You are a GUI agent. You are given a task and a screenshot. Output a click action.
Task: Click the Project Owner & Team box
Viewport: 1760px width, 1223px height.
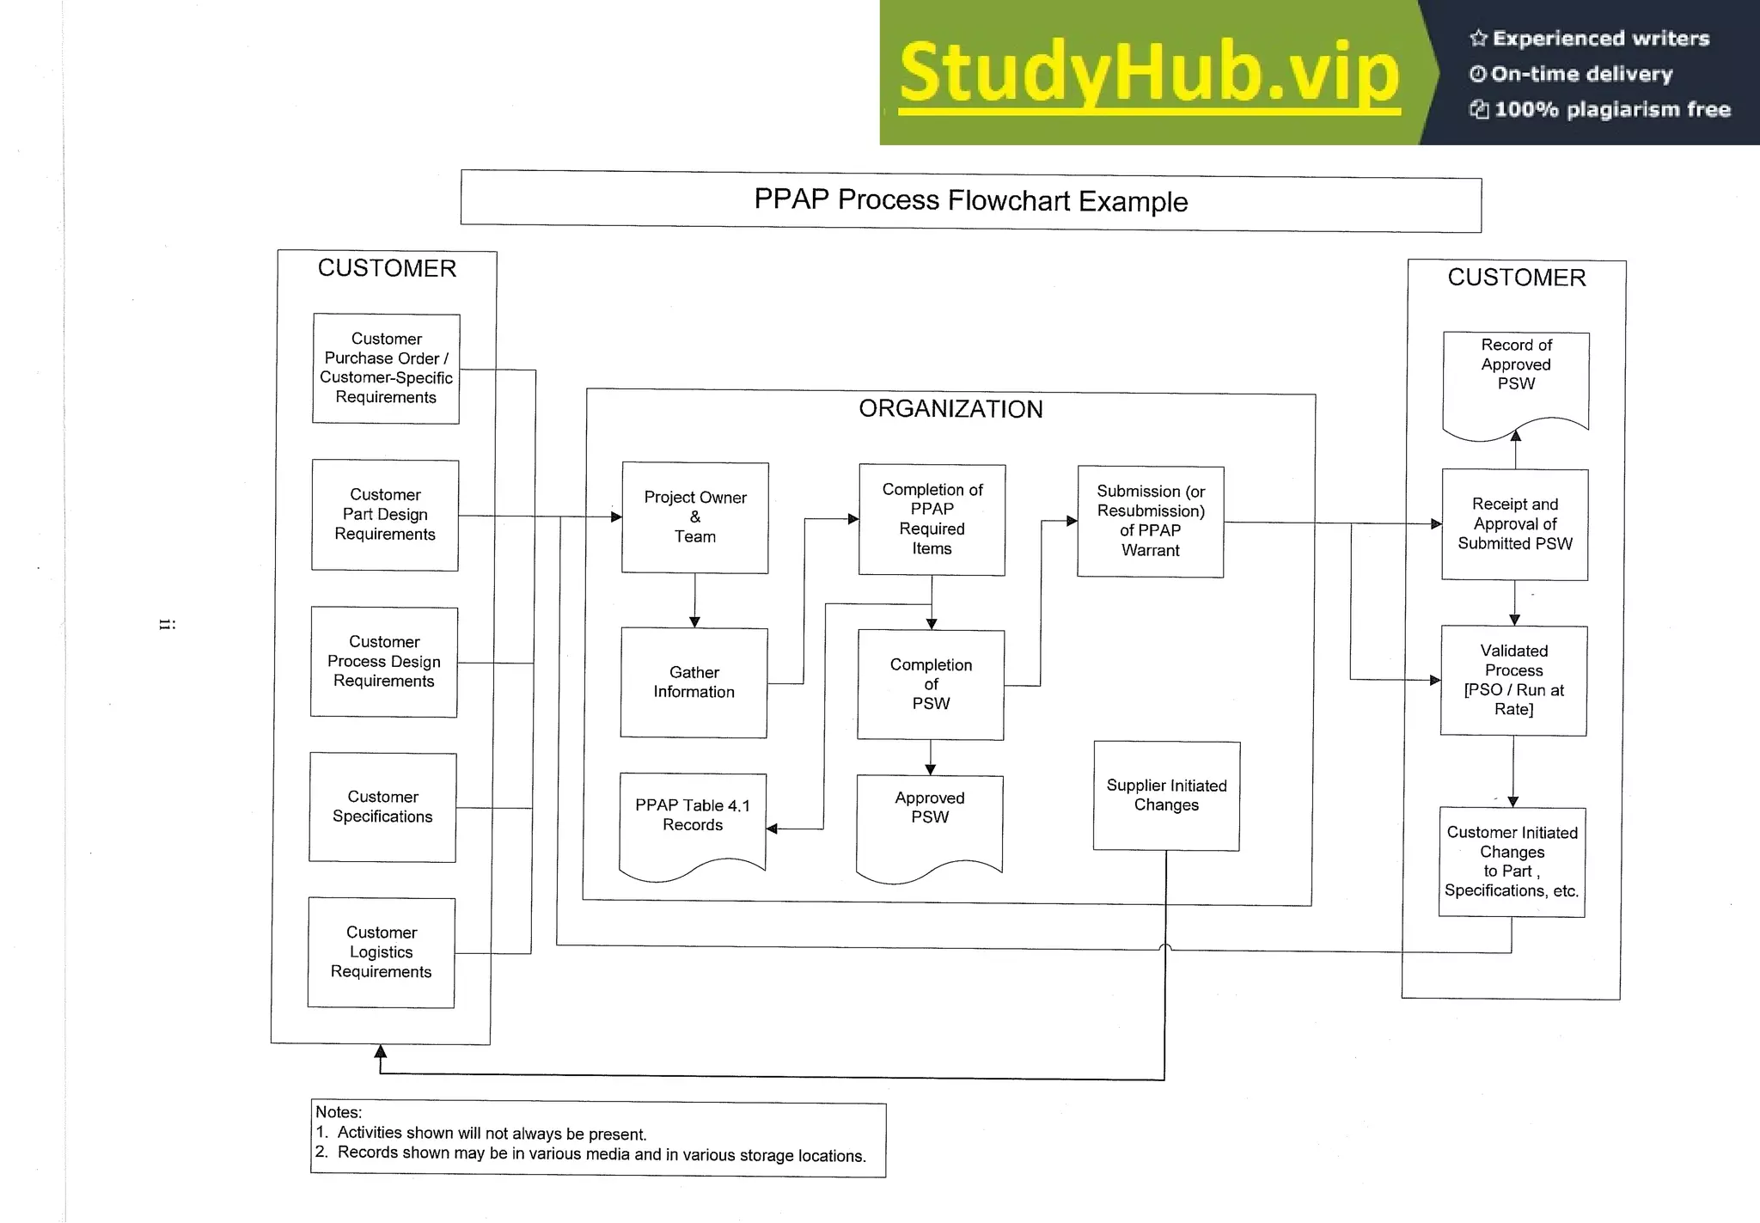[x=694, y=517]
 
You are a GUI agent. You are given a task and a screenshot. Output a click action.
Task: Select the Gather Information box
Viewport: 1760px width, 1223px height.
[x=694, y=682]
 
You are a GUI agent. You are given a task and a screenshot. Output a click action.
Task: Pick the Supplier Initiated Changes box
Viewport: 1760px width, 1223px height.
[x=1166, y=796]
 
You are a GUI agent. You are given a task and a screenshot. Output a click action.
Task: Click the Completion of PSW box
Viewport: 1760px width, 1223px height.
[x=931, y=685]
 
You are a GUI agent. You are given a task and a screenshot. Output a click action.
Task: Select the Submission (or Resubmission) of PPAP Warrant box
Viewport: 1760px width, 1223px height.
[x=1151, y=522]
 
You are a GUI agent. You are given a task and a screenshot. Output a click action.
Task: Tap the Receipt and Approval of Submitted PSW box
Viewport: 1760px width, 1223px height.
[x=1514, y=524]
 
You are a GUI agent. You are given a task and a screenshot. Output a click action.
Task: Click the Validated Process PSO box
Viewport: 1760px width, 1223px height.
[x=1513, y=681]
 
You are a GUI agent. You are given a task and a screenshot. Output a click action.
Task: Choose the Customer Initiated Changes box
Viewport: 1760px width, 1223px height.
[x=1512, y=862]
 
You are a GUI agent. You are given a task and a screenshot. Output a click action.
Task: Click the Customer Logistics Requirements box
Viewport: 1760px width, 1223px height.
[x=382, y=952]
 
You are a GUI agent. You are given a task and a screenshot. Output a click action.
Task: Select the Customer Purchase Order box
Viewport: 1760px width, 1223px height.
[x=386, y=369]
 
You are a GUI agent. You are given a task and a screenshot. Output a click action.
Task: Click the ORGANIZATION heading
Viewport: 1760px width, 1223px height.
[x=950, y=409]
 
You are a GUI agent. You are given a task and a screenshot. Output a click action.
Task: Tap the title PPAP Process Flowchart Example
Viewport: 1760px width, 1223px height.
[x=971, y=201]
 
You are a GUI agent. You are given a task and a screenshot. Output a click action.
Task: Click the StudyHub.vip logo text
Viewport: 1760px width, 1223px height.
[x=1149, y=73]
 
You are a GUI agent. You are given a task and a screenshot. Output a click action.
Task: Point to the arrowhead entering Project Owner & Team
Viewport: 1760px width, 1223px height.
[x=616, y=517]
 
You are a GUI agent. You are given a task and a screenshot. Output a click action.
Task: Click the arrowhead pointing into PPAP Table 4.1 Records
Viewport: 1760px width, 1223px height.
[x=772, y=829]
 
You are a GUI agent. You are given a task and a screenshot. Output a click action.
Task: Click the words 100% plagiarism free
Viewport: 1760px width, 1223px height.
[x=1611, y=109]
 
